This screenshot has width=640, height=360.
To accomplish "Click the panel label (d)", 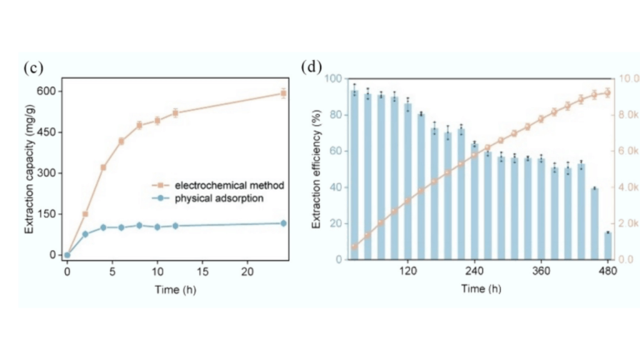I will [x=311, y=66].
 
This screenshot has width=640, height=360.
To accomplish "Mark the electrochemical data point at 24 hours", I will [x=283, y=93].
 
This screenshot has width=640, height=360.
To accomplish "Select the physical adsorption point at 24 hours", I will [x=283, y=223].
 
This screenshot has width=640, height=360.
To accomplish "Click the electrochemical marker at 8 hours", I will [x=139, y=125].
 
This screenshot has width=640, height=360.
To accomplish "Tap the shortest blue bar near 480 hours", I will [x=607, y=246].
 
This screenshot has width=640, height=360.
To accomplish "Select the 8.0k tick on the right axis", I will [x=627, y=115].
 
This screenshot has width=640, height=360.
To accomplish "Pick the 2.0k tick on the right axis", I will [x=627, y=224].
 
